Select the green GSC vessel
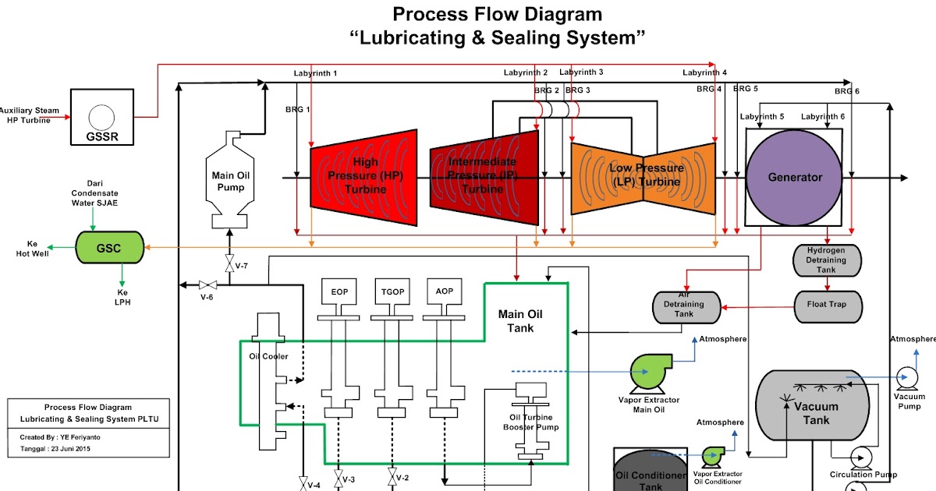(x=109, y=247)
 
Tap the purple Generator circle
(x=795, y=178)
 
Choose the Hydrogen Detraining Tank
(x=828, y=260)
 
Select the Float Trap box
(x=828, y=305)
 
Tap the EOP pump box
(x=339, y=291)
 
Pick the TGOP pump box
(x=392, y=291)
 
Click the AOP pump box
(x=445, y=291)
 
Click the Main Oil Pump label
(x=229, y=182)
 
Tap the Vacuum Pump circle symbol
(x=907, y=376)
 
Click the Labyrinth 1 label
(x=316, y=73)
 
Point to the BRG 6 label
(x=847, y=91)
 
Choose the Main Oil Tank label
(x=520, y=321)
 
